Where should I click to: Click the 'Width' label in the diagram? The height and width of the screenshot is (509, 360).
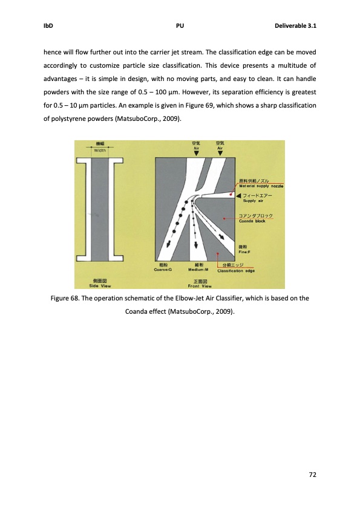91,151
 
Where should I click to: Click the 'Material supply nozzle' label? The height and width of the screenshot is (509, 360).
262,185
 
